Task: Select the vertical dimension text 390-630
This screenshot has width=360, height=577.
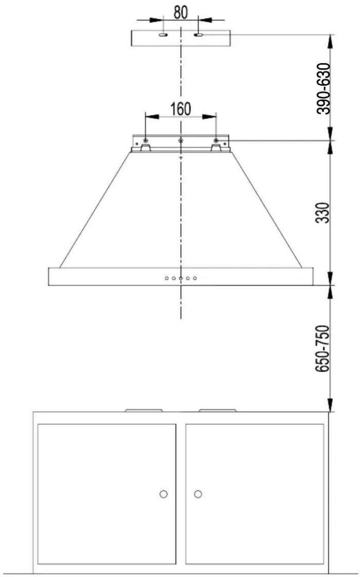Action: click(324, 88)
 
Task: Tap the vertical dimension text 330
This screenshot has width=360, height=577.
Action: click(322, 213)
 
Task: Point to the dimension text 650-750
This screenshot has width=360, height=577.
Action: click(322, 349)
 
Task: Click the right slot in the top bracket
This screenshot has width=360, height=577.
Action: click(199, 35)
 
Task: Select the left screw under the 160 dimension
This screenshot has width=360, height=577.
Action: click(146, 140)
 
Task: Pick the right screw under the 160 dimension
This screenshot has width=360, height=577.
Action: click(216, 140)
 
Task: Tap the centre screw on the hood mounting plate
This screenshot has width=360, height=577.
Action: click(181, 140)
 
